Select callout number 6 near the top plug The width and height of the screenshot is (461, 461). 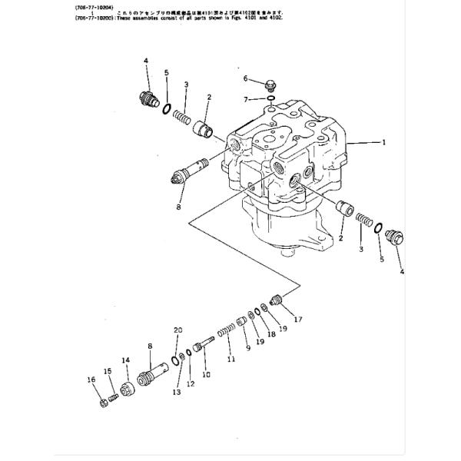(246, 78)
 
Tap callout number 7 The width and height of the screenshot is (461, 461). (246, 99)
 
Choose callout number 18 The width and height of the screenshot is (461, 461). (271, 334)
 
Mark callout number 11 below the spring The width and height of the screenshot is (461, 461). (230, 359)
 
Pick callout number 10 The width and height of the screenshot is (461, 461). (205, 374)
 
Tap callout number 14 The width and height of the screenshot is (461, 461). (125, 360)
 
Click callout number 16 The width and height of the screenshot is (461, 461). (91, 380)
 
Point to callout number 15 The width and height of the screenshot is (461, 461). (108, 372)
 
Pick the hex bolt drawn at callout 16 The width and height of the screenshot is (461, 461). (104, 402)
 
